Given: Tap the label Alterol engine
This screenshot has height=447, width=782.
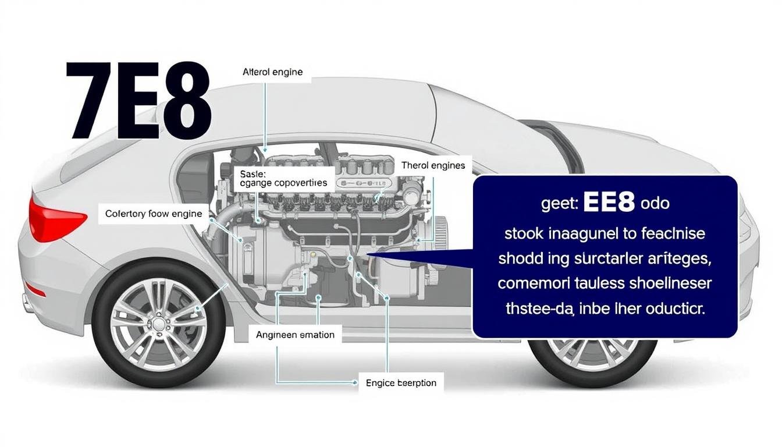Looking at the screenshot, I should click(x=272, y=73).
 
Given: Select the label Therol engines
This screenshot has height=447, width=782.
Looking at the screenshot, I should click(x=433, y=166).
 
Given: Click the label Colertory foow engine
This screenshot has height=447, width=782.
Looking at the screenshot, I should click(x=154, y=214).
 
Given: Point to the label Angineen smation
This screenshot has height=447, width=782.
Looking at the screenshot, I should click(x=295, y=335).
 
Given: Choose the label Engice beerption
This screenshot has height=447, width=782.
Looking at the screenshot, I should click(x=401, y=384).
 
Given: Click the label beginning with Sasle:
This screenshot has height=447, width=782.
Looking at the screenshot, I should click(x=283, y=178).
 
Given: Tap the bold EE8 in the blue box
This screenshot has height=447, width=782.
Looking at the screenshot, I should click(x=608, y=203).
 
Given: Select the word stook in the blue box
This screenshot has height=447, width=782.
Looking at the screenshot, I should click(x=524, y=234).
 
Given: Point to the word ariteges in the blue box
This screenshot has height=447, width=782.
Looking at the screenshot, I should click(x=678, y=259).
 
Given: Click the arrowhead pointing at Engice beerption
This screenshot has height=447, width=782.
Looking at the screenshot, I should click(x=354, y=384).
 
